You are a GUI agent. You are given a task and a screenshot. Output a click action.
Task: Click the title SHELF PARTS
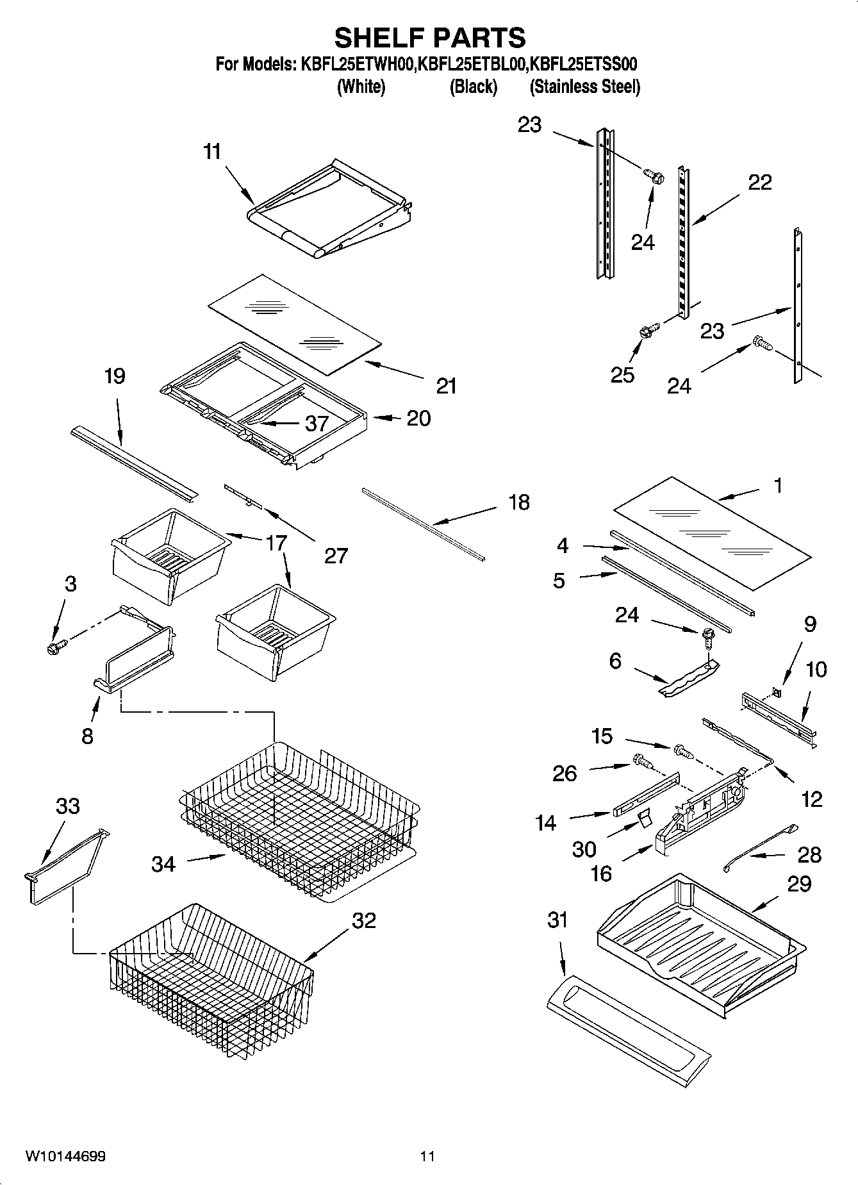(429, 38)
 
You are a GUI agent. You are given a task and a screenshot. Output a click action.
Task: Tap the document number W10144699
(65, 1156)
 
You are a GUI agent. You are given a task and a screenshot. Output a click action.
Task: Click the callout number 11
(212, 152)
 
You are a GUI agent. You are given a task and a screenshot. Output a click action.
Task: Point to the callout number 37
(317, 423)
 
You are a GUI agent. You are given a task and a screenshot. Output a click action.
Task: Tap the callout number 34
(163, 864)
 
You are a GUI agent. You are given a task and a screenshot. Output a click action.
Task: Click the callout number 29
(799, 884)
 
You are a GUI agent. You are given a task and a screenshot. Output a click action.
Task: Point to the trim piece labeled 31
(628, 1032)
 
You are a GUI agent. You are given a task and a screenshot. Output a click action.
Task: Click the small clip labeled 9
(776, 692)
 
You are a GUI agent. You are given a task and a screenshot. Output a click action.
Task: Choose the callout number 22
(760, 183)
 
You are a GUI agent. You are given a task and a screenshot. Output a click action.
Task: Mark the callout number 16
(600, 873)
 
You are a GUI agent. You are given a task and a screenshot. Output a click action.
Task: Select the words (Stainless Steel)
(584, 87)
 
